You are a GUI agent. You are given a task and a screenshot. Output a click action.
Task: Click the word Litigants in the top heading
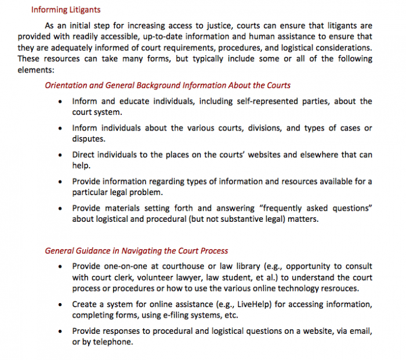pos(82,9)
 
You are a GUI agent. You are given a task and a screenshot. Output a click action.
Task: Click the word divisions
pos(244,128)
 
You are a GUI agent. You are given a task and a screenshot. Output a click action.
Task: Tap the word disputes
pos(89,139)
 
